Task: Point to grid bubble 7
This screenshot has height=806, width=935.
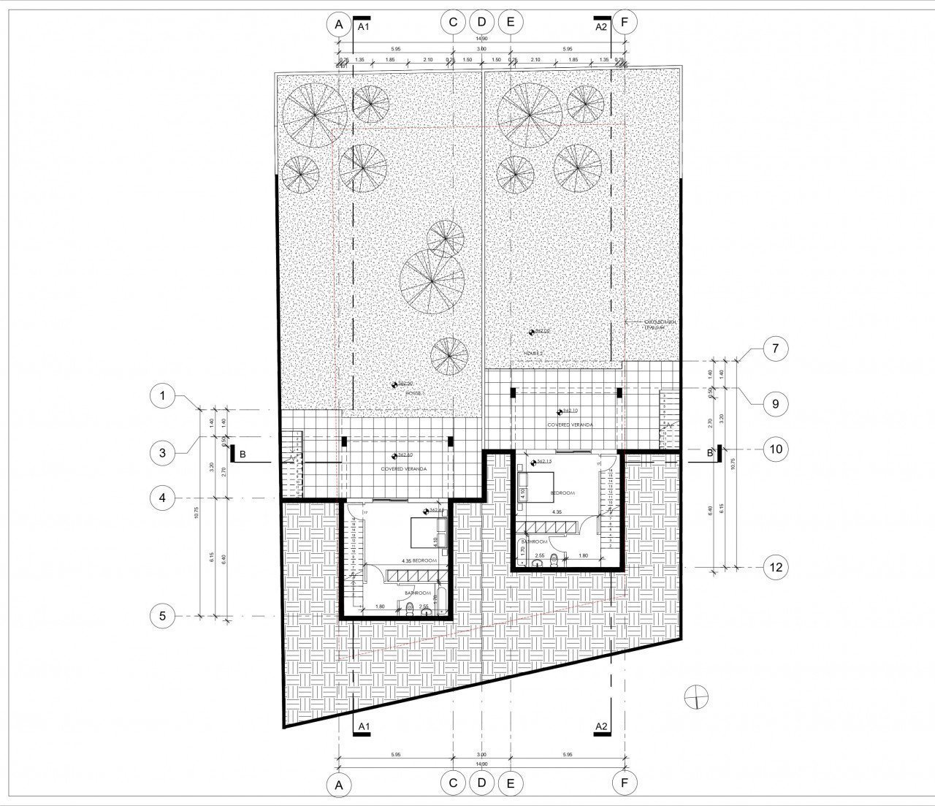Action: pos(775,348)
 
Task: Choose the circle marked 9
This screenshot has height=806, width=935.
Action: pos(775,403)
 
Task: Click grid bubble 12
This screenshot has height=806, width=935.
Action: pos(775,566)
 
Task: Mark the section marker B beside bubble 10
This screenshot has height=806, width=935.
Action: pos(710,453)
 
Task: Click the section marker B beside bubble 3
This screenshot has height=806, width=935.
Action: pos(242,454)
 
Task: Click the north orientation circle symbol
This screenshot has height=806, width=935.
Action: pos(697,697)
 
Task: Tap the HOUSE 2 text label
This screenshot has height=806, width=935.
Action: pos(534,353)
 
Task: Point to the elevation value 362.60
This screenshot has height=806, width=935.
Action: pos(404,455)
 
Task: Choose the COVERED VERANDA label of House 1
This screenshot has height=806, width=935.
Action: pos(404,469)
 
